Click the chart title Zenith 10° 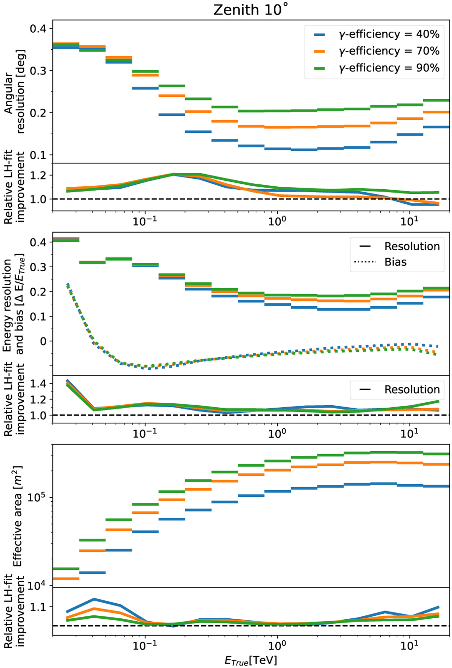pos(250,10)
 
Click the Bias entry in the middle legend pos(395,262)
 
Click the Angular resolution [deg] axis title pos(14,92)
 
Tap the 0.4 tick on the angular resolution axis pos(38,29)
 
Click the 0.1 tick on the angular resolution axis pos(38,155)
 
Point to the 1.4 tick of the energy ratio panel pos(38,383)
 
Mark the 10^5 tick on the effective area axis pos(37,498)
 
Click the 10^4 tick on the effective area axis pos(37,585)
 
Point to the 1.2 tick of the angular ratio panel pos(38,175)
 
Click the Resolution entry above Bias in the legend pos(412,247)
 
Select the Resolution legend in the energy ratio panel pos(412,390)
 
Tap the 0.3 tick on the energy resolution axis pos(38,267)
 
